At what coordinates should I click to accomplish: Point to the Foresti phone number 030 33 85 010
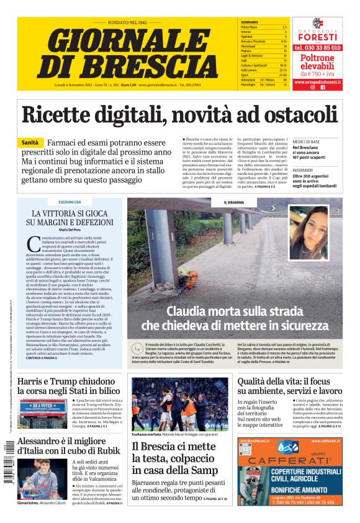click(317, 47)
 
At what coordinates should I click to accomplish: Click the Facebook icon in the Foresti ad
click(323, 87)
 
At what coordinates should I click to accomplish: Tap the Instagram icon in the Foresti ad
click(313, 87)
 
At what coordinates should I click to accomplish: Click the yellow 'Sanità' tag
click(32, 142)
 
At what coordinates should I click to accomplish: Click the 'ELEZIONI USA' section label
click(70, 202)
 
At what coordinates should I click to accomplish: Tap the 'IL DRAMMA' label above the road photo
click(234, 202)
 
